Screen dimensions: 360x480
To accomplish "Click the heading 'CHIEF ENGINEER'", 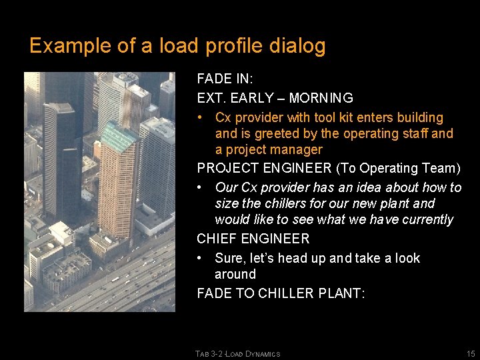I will pos(253,239).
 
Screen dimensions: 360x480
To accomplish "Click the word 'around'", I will pos(235,274).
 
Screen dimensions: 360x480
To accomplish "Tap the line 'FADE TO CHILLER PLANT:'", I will pos(281,293).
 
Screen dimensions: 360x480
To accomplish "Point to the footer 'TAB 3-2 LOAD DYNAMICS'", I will pos(238,354).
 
